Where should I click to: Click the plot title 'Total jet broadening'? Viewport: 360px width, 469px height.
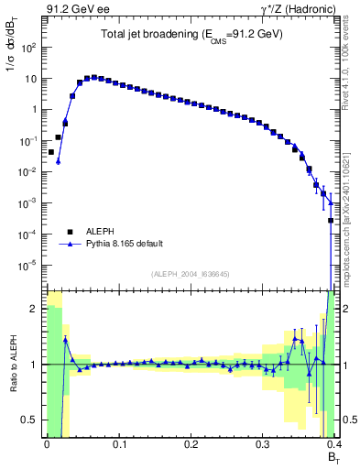(191, 34)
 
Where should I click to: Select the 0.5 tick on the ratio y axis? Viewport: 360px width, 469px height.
(32, 420)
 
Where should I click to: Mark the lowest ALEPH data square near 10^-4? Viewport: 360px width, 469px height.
(331, 221)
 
